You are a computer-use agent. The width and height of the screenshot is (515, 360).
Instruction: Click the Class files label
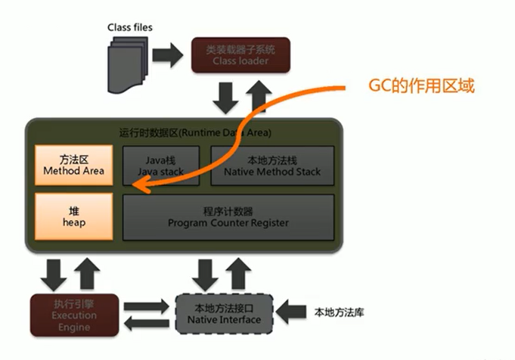point(129,27)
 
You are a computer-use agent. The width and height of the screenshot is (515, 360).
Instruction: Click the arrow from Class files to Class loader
point(169,54)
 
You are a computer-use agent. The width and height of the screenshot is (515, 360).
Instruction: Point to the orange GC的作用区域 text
point(420,85)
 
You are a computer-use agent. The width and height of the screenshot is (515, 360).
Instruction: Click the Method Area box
point(73,166)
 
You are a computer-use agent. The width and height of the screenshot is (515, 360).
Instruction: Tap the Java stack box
point(160,166)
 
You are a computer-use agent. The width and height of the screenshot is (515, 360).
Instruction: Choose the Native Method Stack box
point(271,166)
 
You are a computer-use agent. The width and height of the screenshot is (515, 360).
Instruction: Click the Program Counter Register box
point(228,217)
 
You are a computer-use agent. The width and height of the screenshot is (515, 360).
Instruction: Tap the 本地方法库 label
point(338,311)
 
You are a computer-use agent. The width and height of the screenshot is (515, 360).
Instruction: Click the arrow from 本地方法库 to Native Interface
point(290,310)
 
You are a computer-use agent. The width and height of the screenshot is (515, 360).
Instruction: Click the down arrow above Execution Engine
point(54,273)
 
